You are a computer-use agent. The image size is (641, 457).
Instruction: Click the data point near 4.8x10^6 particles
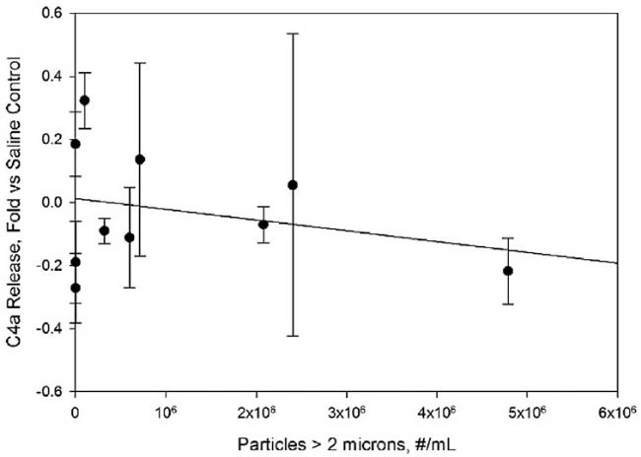[508, 271]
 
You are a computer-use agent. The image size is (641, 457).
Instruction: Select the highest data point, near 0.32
[85, 100]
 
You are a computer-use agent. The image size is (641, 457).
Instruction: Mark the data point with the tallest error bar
[293, 185]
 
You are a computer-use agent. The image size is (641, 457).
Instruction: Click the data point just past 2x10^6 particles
[263, 225]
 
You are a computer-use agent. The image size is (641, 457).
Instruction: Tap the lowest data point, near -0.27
[75, 288]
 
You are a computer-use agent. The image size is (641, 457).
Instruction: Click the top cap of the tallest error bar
[293, 33]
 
